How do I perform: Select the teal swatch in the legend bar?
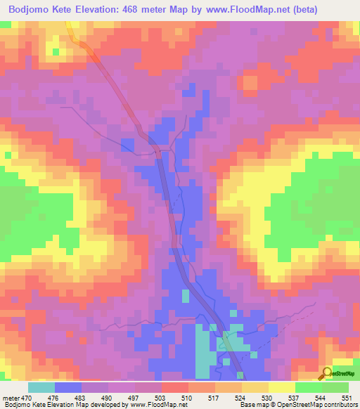(x=41, y=387)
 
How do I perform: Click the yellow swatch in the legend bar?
(x=281, y=387)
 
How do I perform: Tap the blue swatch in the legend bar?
(x=68, y=387)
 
